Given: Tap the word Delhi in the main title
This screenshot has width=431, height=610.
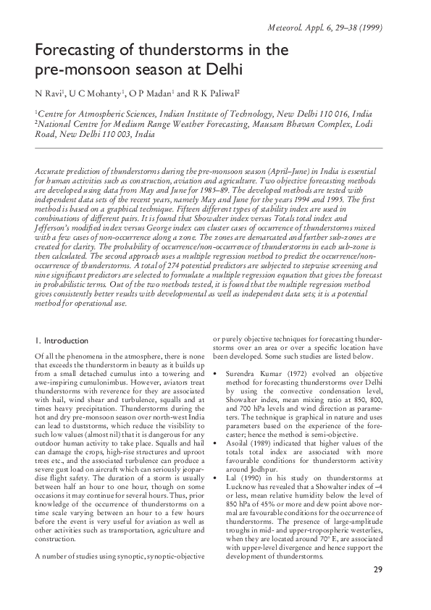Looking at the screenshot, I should click(x=220, y=71).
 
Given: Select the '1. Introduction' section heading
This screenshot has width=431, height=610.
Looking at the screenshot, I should click(x=62, y=340).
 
